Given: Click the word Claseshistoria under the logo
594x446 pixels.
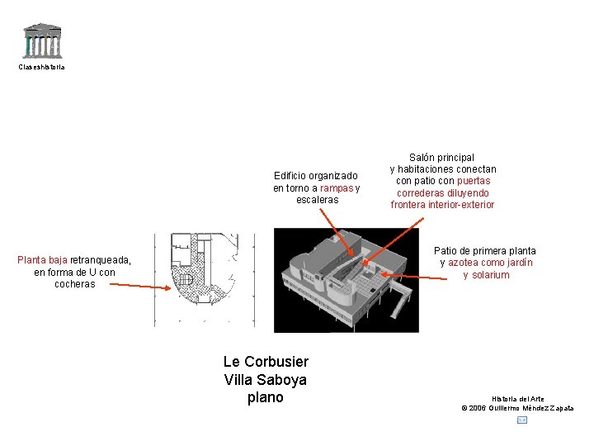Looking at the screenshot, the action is pos(42,67).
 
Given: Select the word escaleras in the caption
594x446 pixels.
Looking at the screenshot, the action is pos(317,200).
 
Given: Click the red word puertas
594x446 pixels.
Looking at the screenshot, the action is pos(474,181).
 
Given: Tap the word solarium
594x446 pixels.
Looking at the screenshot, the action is pos(491,275).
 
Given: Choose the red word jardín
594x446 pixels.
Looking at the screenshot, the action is pos(516,263).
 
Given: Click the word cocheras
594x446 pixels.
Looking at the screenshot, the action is pos(74,284).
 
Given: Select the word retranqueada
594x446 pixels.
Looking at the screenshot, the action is pos(101,260).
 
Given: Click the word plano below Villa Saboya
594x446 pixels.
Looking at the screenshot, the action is pos(265,397).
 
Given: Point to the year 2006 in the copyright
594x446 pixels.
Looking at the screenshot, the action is pos(479,408).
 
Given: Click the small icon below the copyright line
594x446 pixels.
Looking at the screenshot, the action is pos(521,420).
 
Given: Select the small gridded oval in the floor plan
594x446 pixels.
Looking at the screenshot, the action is pos(186,281).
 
